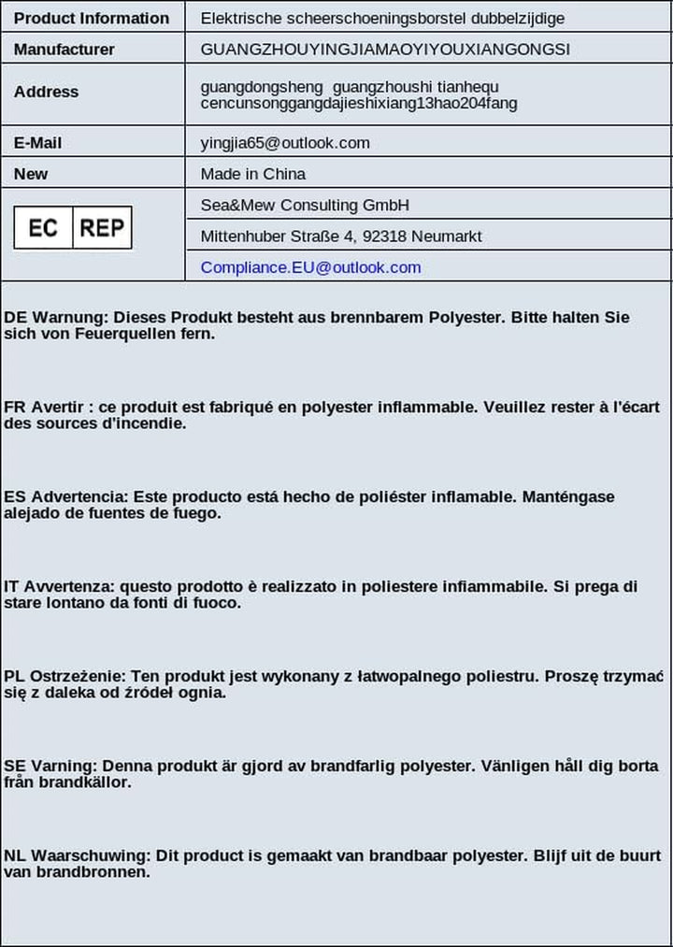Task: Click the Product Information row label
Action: click(92, 18)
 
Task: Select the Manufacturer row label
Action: click(64, 49)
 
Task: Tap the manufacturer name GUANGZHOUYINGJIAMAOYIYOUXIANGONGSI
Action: click(385, 49)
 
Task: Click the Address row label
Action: click(47, 92)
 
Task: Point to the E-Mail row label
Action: click(38, 143)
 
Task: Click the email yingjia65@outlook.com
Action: click(285, 143)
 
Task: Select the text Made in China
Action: click(252, 174)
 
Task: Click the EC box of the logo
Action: click(43, 227)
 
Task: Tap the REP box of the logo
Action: click(102, 227)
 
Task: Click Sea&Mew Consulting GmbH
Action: click(305, 205)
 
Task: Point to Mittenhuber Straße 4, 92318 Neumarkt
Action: click(341, 237)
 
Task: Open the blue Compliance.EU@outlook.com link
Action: click(310, 267)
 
